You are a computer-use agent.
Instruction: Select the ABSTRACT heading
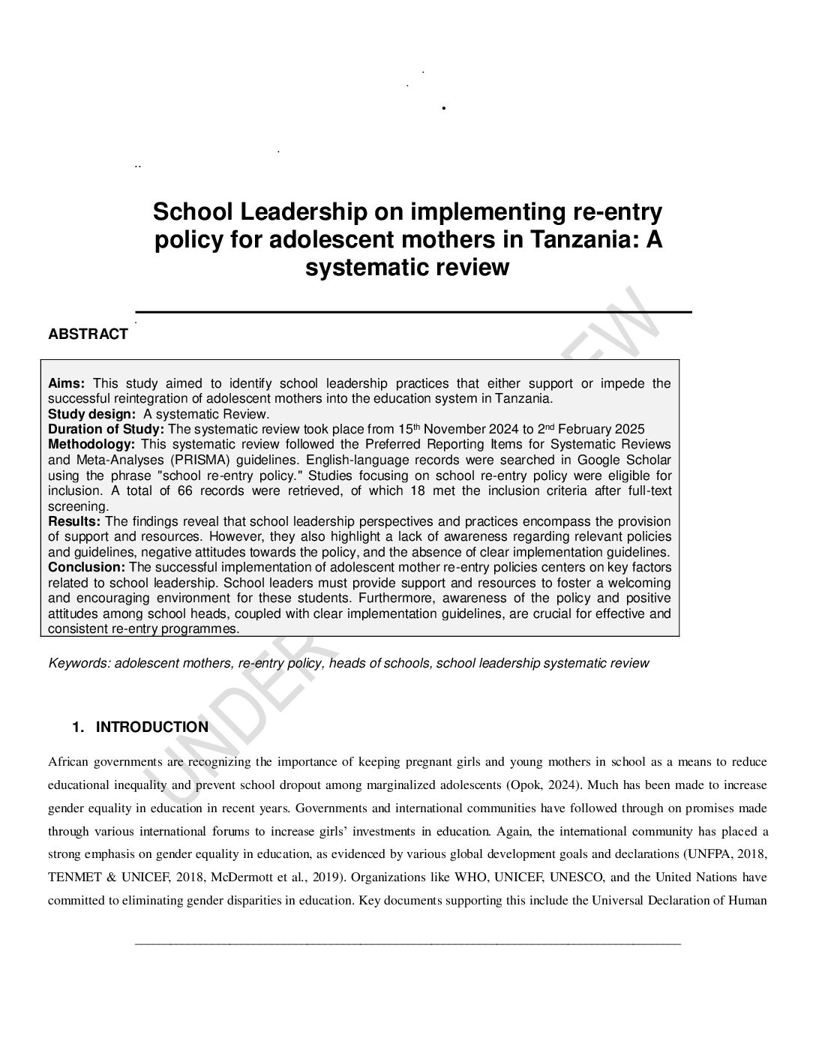tap(88, 334)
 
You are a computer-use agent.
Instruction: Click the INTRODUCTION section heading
tap(152, 727)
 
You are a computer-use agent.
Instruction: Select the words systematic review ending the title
tap(407, 268)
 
